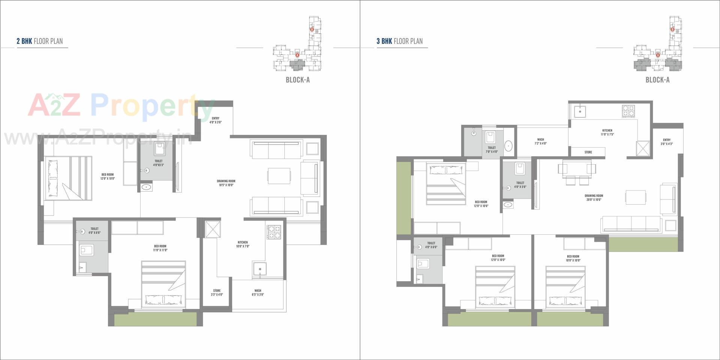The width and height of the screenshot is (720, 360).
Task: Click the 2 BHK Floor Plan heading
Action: [x=40, y=41]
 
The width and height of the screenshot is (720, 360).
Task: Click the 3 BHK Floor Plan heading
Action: [x=400, y=41]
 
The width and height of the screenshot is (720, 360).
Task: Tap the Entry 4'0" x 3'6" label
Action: [x=216, y=120]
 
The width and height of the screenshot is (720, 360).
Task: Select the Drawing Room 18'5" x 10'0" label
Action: [x=226, y=183]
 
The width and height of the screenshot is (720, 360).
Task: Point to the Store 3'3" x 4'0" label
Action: [x=217, y=292]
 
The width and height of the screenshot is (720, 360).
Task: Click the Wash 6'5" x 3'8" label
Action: [x=258, y=292]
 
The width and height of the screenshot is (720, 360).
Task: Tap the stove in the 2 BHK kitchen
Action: [x=274, y=231]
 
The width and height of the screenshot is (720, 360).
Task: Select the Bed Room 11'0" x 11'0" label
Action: [x=160, y=248]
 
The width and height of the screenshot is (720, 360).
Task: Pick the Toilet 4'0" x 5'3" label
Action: [x=158, y=163]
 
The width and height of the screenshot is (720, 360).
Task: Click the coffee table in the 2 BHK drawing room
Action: [x=279, y=176]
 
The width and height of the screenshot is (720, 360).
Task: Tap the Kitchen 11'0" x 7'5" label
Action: [x=607, y=132]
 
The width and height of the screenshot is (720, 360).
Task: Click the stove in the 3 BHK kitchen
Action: [x=628, y=111]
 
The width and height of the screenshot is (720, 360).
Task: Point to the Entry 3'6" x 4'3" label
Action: [x=666, y=142]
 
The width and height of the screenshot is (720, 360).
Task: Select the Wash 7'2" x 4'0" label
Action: [x=540, y=141]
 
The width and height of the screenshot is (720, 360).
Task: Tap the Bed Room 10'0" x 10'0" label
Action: [x=573, y=258]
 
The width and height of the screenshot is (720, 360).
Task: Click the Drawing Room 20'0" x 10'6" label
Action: [x=594, y=198]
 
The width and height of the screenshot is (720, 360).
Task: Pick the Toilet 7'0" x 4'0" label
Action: [x=492, y=150]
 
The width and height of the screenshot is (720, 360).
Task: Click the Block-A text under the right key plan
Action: [x=657, y=80]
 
